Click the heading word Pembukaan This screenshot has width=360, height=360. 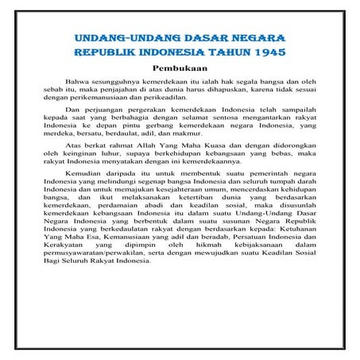point(180,68)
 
